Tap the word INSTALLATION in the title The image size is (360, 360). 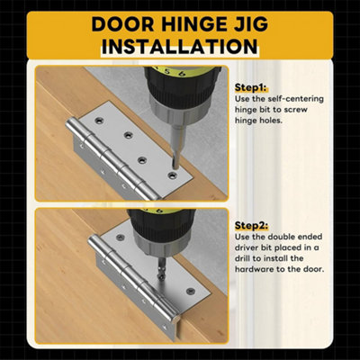tap(180, 47)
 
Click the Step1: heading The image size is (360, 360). tap(251, 87)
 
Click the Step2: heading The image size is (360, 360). tap(251, 225)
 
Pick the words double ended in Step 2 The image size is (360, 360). tap(291, 237)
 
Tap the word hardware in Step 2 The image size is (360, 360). tap(254, 269)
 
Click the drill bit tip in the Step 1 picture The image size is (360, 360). tap(174, 166)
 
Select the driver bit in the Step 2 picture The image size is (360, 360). tap(162, 269)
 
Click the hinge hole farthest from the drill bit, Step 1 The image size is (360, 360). tap(99, 121)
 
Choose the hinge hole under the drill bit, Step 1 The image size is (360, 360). tap(172, 175)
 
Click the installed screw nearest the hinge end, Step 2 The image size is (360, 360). tap(190, 291)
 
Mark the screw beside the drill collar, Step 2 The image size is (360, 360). tap(120, 238)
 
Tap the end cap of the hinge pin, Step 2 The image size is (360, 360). tap(176, 318)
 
